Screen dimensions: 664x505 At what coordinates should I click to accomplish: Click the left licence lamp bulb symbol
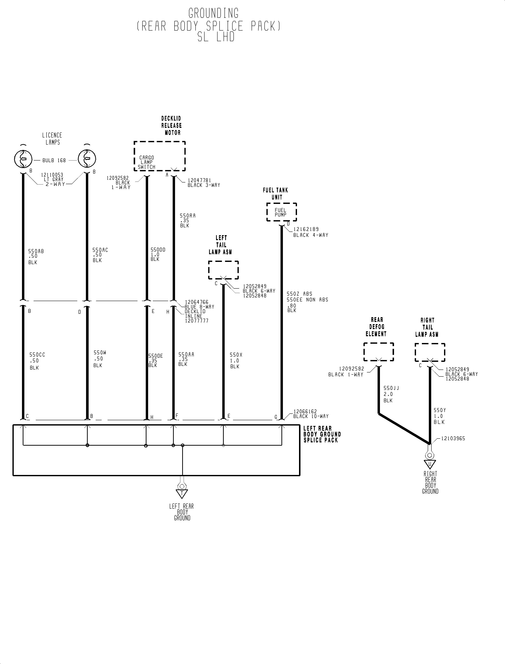(x=23, y=159)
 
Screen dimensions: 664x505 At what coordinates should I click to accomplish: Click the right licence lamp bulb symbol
(x=87, y=159)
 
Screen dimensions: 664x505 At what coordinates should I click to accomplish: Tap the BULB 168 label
(x=54, y=161)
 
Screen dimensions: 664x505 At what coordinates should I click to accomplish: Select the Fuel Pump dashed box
(x=281, y=212)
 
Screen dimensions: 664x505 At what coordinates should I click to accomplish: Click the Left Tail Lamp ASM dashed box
(x=223, y=270)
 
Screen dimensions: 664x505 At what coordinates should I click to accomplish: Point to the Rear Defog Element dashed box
(x=378, y=352)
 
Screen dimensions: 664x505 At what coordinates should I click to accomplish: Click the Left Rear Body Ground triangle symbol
(x=182, y=494)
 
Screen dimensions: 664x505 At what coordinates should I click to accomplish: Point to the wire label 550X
(x=236, y=355)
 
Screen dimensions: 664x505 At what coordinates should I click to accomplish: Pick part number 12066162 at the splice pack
(x=305, y=411)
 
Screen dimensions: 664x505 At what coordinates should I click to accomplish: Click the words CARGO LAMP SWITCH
(x=147, y=162)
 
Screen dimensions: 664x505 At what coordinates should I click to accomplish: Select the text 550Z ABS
(x=299, y=294)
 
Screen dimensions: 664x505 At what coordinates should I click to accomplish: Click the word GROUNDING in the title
(x=213, y=14)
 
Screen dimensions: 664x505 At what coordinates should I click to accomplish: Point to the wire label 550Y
(x=439, y=410)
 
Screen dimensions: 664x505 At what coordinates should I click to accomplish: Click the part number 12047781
(x=200, y=180)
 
